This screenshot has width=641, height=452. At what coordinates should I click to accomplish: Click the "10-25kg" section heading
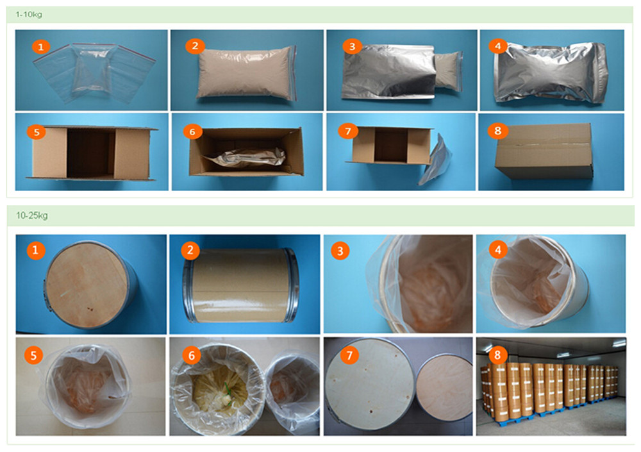click(x=31, y=215)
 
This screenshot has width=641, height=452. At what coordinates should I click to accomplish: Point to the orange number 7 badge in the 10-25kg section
click(x=346, y=355)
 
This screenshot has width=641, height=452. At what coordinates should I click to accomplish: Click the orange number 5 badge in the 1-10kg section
click(x=37, y=131)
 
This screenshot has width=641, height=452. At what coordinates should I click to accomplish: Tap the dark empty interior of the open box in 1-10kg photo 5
click(x=90, y=154)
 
